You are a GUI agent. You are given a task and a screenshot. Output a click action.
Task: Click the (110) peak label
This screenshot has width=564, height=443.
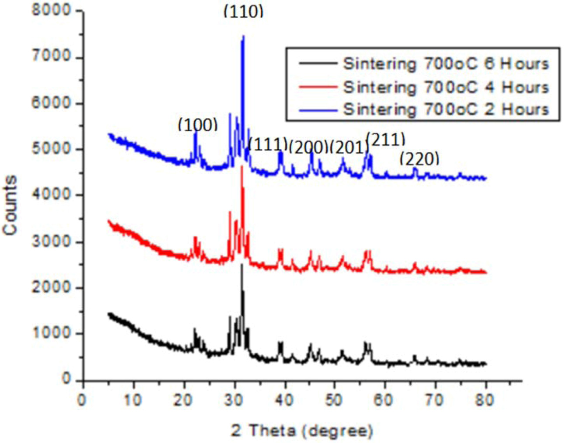(243, 12)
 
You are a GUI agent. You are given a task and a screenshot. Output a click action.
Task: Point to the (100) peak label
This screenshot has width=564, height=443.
(197, 125)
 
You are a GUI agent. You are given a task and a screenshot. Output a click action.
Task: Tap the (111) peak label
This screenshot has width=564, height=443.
(268, 143)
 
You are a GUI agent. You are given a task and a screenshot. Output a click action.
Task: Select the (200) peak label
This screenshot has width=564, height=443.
(308, 147)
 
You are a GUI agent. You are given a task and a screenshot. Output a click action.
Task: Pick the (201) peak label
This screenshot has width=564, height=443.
(348, 148)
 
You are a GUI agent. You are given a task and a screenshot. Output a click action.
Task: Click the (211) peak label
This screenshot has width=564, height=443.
(385, 140)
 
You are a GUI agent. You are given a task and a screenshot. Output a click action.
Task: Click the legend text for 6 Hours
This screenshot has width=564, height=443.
(446, 64)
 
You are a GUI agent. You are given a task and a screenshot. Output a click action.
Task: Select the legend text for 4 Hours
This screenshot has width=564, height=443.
(446, 87)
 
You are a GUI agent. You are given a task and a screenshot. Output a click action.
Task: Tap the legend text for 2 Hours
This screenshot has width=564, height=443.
(446, 109)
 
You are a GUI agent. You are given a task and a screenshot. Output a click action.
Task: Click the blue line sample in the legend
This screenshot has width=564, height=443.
(318, 109)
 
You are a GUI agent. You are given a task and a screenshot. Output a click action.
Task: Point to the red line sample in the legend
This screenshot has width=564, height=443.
(318, 87)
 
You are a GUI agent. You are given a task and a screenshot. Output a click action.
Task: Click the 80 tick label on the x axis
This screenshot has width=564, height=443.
(485, 400)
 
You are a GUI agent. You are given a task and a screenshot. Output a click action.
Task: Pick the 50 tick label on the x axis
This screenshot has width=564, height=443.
(334, 400)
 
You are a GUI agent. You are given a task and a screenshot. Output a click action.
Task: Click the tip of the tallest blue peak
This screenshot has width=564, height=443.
(243, 36)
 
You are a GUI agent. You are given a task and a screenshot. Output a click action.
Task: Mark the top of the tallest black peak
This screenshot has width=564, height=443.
(242, 265)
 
